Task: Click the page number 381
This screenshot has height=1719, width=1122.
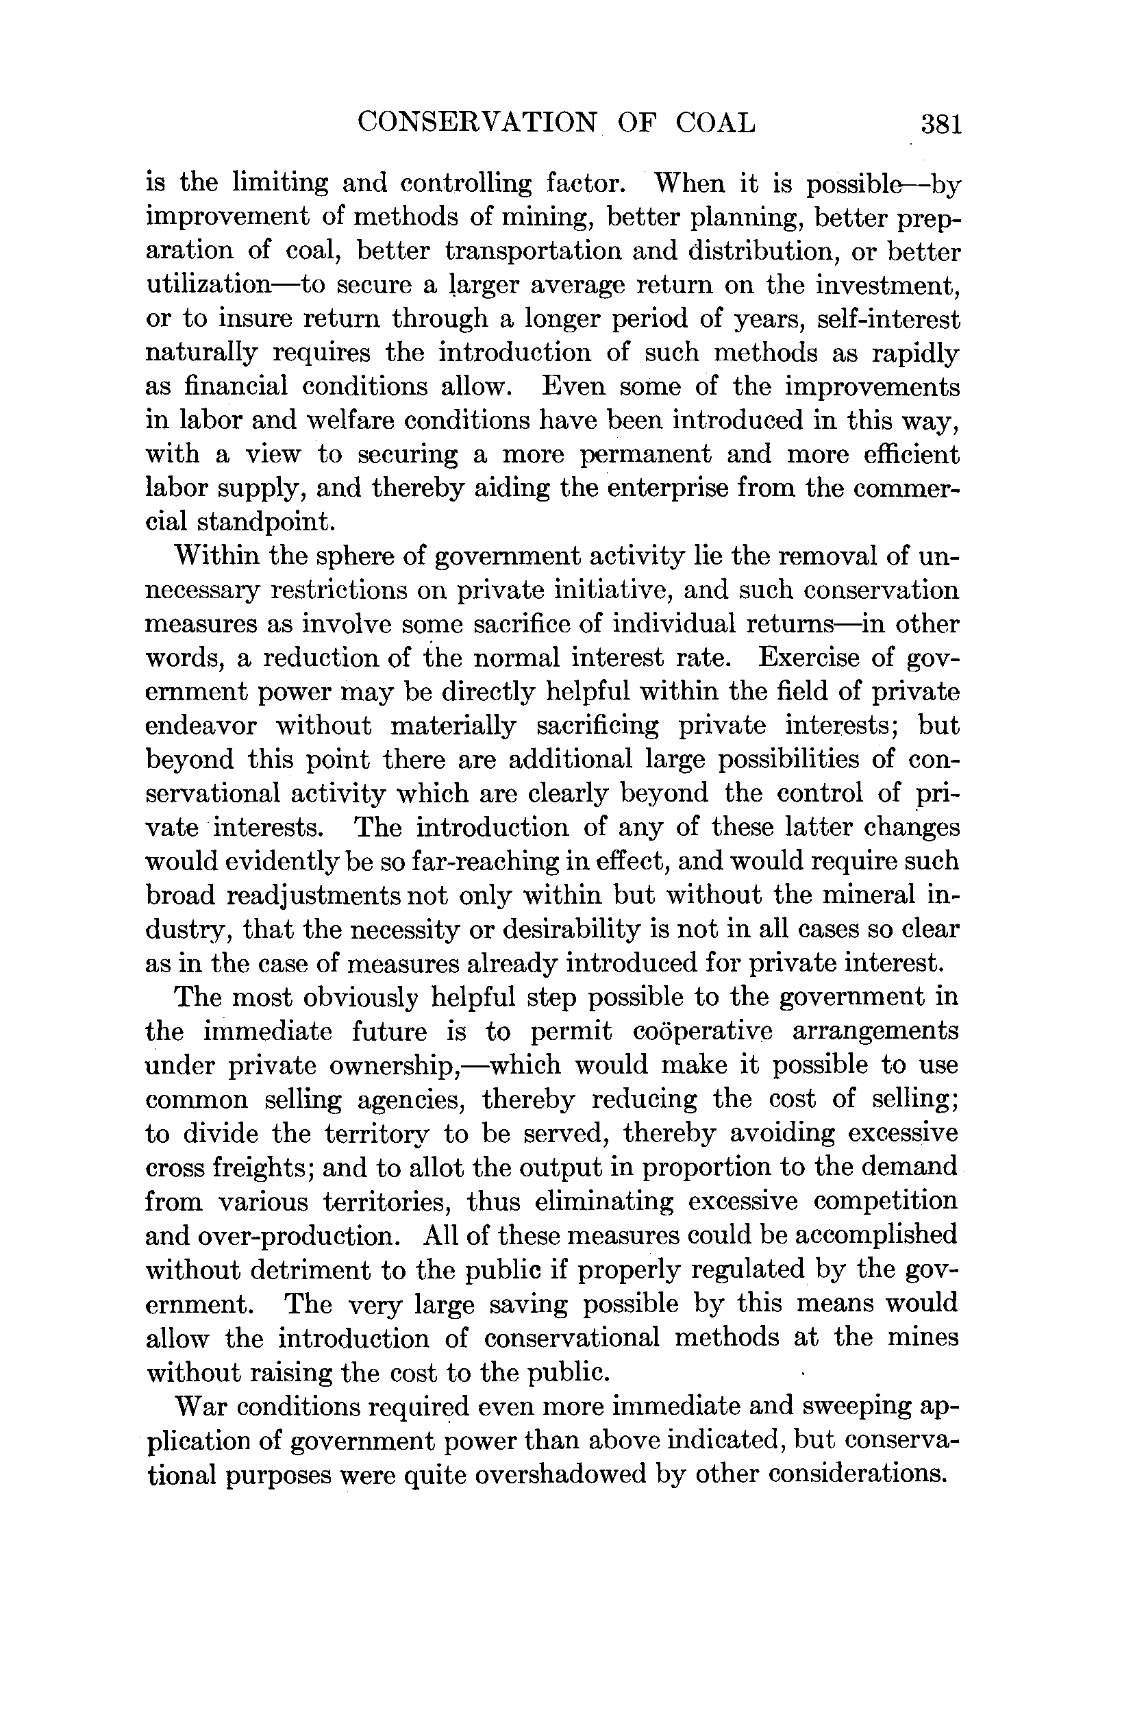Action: tap(940, 125)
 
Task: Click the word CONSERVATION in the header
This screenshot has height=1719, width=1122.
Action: tap(477, 123)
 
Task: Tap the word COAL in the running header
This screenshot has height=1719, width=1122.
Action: tap(715, 123)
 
